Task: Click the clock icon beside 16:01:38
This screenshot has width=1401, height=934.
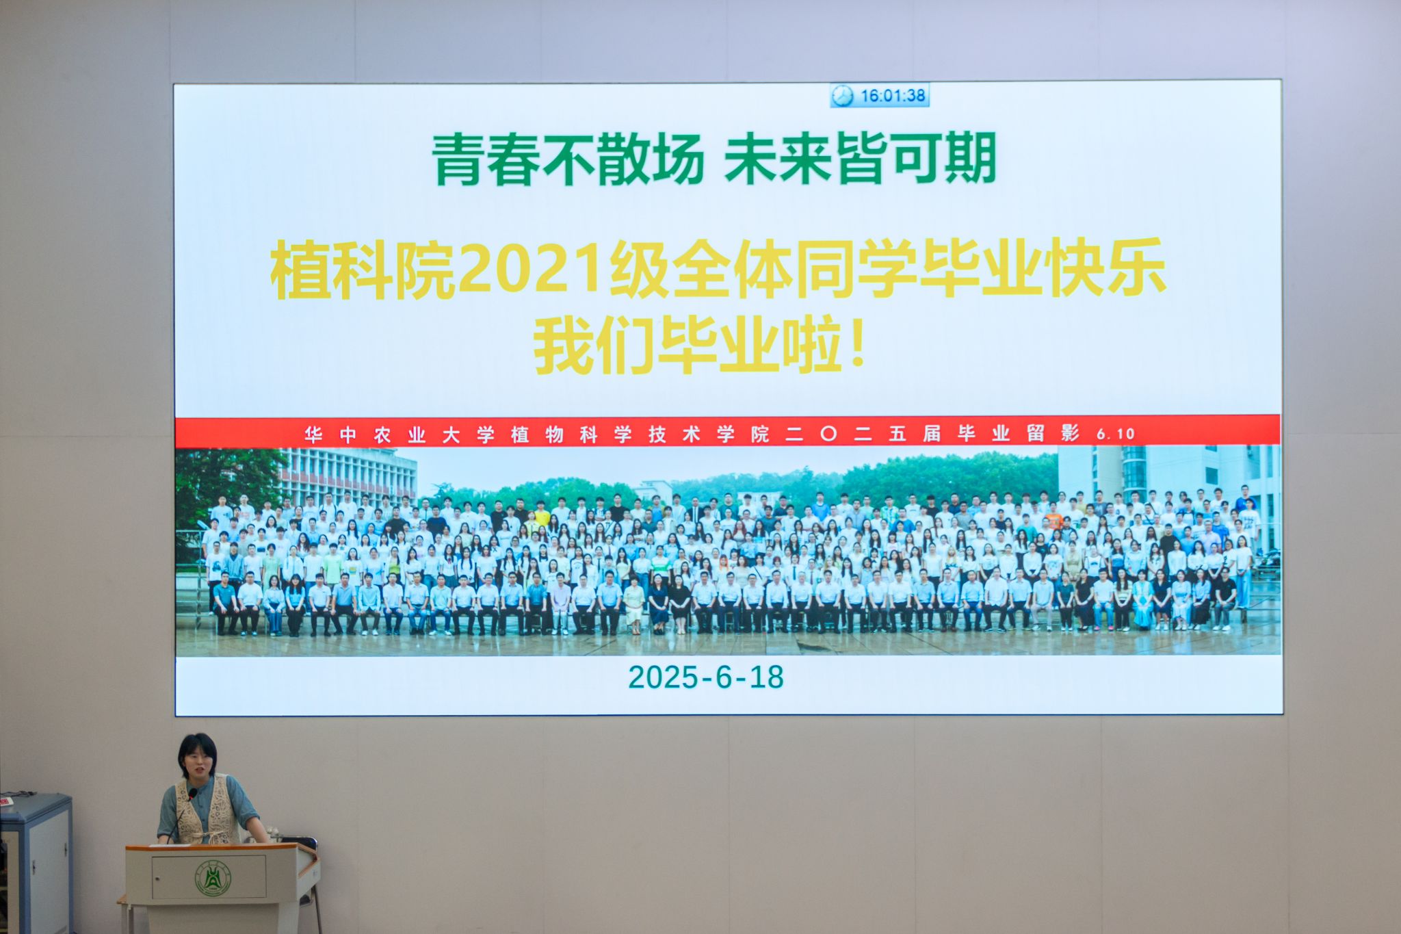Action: (x=843, y=96)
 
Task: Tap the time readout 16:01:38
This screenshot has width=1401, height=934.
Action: (x=892, y=96)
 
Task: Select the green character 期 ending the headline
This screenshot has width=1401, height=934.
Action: (x=970, y=158)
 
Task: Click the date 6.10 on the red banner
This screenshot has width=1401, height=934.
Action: (x=1115, y=434)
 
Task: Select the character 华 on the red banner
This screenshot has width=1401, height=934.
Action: (x=313, y=434)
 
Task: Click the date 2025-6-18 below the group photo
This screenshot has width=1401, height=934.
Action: (x=706, y=677)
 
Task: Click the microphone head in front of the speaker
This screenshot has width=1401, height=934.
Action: (x=192, y=794)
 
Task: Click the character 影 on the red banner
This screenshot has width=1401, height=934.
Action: (x=1070, y=433)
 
